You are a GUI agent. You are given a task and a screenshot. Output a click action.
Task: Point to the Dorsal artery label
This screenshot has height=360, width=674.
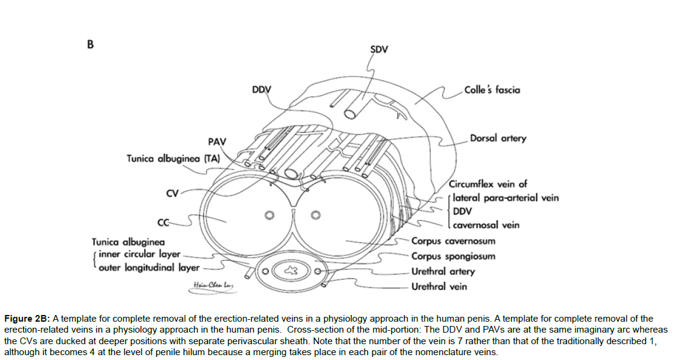498,138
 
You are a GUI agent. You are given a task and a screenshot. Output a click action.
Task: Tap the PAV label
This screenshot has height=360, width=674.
217,142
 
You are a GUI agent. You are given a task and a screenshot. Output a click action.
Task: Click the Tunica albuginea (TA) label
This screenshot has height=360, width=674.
173,158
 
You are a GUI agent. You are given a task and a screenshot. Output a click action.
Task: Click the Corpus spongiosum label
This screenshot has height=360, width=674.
453,256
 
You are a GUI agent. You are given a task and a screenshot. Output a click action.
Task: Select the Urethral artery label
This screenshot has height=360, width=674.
443,271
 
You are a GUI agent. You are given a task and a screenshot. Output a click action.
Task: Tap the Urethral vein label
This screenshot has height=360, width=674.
439,286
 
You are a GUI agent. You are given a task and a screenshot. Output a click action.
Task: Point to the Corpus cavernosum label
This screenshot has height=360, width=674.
453,241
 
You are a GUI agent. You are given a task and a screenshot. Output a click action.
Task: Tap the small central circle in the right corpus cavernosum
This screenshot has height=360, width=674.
315,215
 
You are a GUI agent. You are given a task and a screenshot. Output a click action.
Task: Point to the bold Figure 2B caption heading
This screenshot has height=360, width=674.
27,319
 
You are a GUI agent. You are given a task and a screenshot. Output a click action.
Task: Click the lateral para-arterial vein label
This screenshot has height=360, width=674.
505,198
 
